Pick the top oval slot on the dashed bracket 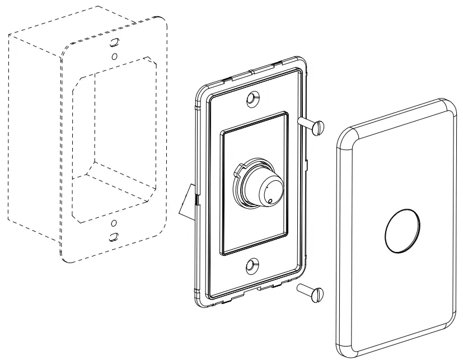(114, 43)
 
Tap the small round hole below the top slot (114, 57)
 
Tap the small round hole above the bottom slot (113, 223)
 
